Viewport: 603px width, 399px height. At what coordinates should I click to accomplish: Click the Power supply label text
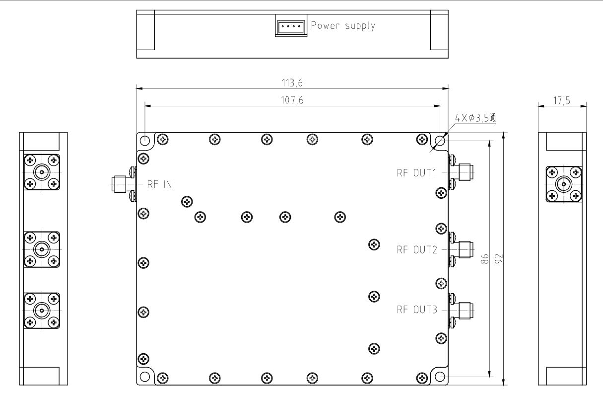(343, 26)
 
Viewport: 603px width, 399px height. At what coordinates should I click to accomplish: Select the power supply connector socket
(291, 26)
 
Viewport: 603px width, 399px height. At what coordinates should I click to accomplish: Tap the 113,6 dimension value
(292, 83)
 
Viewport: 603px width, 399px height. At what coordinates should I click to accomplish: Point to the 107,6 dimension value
(292, 100)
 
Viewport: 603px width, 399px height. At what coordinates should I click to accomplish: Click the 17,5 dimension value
(562, 100)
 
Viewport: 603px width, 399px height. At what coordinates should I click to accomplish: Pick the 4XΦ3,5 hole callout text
(475, 118)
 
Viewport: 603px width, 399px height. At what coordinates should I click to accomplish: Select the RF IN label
(159, 184)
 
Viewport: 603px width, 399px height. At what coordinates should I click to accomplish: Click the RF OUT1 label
(416, 173)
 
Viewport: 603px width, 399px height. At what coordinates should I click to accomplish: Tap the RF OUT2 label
(417, 249)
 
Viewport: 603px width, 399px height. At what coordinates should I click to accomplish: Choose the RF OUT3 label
(417, 310)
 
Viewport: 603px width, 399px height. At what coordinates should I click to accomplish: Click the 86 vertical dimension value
(484, 259)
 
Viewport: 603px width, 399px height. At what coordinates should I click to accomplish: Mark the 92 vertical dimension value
(499, 259)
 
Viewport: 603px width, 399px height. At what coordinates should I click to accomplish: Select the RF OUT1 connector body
(462, 172)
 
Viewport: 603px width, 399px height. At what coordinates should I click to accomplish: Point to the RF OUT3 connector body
(462, 311)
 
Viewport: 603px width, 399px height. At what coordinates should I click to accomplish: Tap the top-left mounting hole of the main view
(145, 140)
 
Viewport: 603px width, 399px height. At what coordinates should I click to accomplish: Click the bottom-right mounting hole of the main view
(440, 377)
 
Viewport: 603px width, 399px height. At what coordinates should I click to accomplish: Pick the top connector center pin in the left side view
(42, 172)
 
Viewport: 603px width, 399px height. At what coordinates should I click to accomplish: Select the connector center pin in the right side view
(564, 184)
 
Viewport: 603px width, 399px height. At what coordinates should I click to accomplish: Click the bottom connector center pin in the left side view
(42, 311)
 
